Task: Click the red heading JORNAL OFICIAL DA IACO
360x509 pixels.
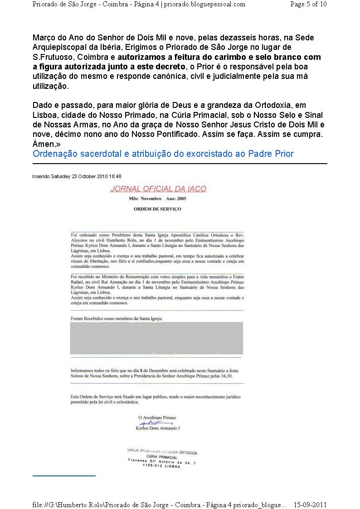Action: [158, 189]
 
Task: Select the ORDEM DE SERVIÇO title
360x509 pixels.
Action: [157, 209]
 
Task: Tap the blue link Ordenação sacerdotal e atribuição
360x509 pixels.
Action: [163, 154]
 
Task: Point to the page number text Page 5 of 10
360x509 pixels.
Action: [308, 4]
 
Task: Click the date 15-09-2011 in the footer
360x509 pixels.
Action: [310, 504]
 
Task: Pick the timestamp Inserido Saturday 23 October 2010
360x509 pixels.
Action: [77, 176]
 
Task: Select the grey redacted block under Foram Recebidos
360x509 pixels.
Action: [156, 338]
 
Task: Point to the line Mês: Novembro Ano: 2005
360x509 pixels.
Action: [157, 199]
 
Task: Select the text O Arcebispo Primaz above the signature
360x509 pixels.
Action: [157, 417]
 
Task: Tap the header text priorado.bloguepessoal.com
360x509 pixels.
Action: [204, 4]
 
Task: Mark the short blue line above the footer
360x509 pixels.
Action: [64, 476]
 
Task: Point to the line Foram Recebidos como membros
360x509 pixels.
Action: [117, 319]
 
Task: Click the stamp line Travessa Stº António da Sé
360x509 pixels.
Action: [162, 461]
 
